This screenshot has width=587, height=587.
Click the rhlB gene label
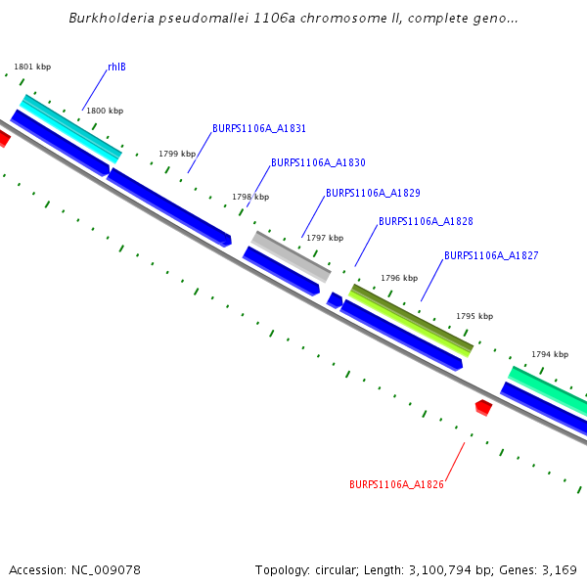(x=116, y=67)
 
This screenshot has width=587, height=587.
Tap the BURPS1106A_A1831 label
(x=259, y=128)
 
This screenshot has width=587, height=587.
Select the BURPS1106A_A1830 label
(x=318, y=162)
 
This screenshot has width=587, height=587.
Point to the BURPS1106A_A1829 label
(x=373, y=193)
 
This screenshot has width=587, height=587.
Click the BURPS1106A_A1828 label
(x=426, y=222)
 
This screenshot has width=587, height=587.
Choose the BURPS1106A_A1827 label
(x=491, y=255)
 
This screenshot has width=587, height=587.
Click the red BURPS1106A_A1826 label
(x=396, y=484)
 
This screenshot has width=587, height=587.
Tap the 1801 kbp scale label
(x=32, y=67)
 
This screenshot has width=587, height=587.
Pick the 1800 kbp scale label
(x=105, y=111)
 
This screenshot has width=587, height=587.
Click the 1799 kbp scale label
(x=177, y=154)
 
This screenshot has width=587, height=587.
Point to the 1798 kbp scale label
(x=250, y=197)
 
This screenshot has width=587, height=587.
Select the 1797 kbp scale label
(x=325, y=238)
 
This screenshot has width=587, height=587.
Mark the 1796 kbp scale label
(x=399, y=278)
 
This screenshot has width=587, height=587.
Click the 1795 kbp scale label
(x=474, y=316)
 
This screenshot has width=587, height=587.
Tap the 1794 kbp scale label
(x=550, y=354)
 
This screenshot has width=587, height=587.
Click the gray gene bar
(x=291, y=255)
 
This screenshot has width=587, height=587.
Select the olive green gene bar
(x=411, y=319)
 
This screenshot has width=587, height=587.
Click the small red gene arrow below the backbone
(x=483, y=407)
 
